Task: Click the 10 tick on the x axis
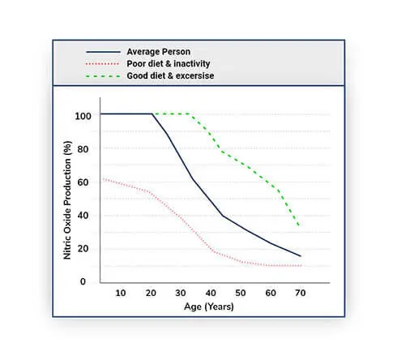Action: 121,293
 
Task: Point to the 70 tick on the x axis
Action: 301,293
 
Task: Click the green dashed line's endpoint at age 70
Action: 301,225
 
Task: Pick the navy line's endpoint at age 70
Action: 301,256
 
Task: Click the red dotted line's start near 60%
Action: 101,179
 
